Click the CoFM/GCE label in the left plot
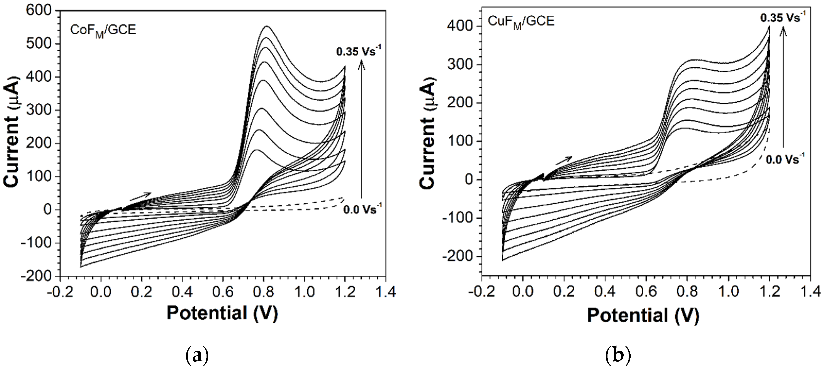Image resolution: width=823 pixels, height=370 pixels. (x=103, y=31)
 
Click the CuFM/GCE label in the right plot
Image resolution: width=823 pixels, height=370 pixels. (x=521, y=22)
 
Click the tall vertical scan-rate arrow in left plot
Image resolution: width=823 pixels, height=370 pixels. (x=362, y=128)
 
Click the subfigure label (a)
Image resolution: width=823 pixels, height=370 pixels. (x=197, y=355)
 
